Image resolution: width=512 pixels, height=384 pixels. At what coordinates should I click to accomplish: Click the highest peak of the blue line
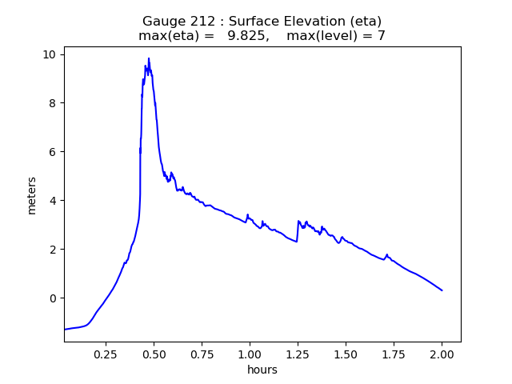click(x=149, y=58)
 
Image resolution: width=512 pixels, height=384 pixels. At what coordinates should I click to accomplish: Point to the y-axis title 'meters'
click(x=32, y=195)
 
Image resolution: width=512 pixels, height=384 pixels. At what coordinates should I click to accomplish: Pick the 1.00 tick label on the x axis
click(x=250, y=354)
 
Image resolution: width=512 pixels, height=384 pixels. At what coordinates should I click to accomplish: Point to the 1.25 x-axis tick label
click(x=298, y=354)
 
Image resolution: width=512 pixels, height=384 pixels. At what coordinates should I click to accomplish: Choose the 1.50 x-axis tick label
click(x=346, y=354)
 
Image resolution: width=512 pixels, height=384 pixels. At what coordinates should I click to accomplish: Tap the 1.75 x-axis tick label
click(x=394, y=354)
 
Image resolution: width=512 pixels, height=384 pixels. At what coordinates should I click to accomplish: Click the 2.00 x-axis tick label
click(x=442, y=354)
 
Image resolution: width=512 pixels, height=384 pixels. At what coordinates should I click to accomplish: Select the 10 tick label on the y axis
click(x=50, y=54)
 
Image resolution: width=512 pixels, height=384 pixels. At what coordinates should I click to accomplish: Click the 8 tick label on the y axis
click(x=53, y=103)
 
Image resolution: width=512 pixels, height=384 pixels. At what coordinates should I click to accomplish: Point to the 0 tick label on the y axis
click(x=53, y=298)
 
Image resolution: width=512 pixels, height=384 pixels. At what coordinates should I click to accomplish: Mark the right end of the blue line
click(x=442, y=290)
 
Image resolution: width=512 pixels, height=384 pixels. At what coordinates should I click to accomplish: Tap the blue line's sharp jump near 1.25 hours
click(x=298, y=231)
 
